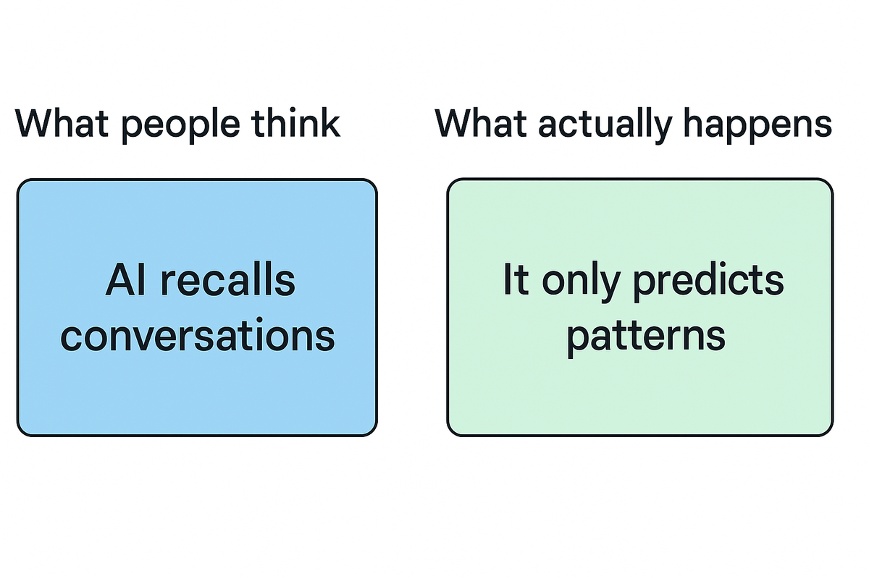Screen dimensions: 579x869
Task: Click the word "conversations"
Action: click(197, 336)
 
